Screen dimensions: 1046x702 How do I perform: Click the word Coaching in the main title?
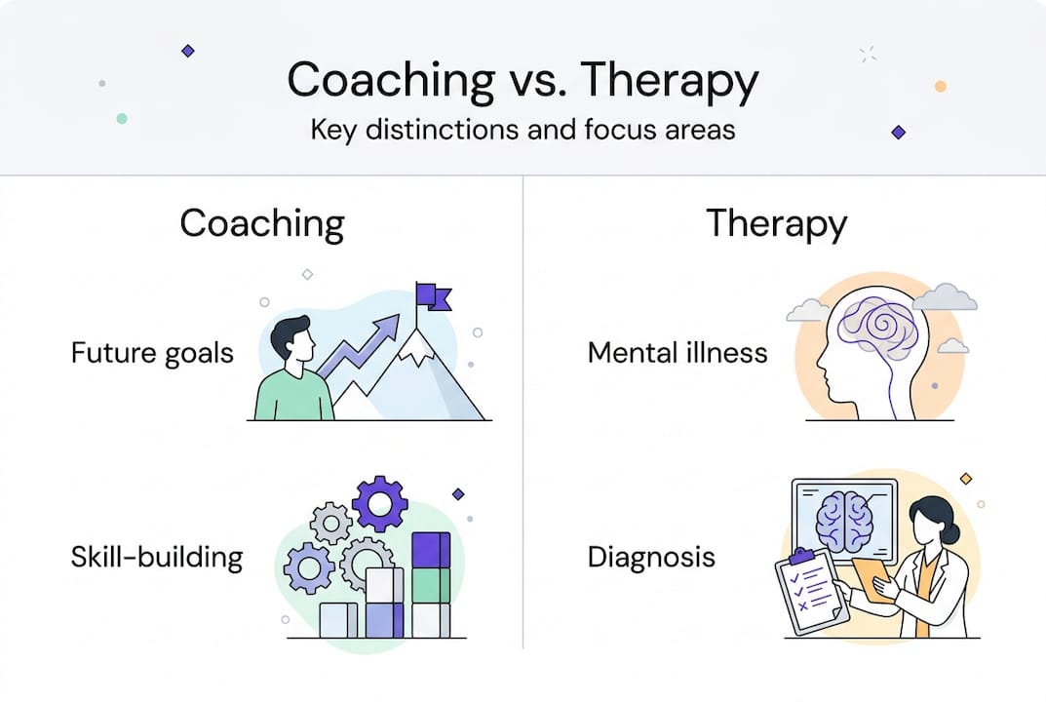(391, 81)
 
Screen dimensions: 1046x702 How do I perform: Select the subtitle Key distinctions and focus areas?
(523, 130)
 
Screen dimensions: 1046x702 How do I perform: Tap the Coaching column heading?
(262, 225)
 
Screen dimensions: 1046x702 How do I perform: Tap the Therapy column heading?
(777, 225)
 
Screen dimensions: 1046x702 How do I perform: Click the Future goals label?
(152, 353)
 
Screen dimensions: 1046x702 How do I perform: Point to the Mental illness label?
(678, 352)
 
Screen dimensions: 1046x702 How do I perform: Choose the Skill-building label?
(157, 557)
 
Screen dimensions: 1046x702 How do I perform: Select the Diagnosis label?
(651, 557)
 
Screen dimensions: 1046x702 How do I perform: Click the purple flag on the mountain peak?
(433, 296)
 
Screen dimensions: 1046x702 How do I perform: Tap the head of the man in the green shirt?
(293, 339)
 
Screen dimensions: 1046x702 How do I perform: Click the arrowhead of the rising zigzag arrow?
(386, 327)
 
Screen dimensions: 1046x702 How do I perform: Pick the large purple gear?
(379, 503)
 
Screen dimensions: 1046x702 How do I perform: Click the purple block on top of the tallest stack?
(431, 550)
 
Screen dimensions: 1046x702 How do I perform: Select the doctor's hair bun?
(952, 532)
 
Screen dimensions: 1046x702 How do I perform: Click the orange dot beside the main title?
(941, 86)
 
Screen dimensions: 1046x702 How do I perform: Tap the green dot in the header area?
(122, 119)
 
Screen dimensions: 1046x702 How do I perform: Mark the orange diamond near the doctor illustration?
(966, 479)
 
